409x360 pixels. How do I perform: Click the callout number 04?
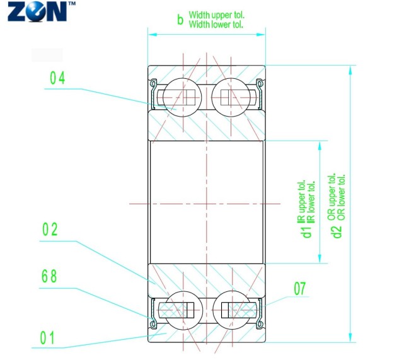point(57,78)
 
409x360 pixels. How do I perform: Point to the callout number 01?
point(48,338)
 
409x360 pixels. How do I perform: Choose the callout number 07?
point(300,289)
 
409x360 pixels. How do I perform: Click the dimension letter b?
point(180,20)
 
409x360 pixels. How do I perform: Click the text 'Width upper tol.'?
point(216,15)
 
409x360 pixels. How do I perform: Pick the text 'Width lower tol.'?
point(216,25)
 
